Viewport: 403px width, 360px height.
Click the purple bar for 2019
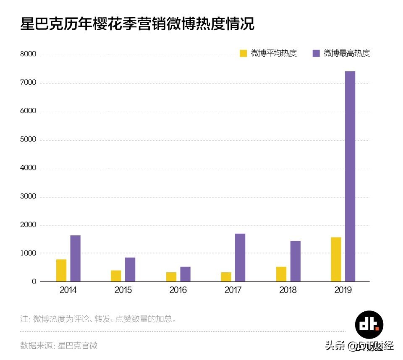350,176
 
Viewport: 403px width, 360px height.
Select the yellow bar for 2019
336,259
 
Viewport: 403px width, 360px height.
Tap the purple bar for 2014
75,258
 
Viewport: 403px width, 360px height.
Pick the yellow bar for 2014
61,270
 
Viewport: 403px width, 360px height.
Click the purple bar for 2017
240,257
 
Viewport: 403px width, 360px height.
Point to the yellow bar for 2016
171,277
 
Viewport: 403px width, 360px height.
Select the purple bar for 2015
130,269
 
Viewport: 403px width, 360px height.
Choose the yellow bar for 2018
281,274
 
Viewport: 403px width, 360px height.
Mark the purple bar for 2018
295,261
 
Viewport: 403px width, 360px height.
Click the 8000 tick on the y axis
28,54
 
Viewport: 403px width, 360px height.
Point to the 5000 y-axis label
28,140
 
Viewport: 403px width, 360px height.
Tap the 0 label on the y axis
34,282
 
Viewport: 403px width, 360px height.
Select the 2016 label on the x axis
178,290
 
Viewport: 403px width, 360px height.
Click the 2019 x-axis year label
343,290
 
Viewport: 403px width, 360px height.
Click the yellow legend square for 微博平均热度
243,53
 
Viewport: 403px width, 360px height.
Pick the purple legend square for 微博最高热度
316,53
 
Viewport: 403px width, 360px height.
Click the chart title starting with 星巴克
137,24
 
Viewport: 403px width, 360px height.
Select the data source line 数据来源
59,345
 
